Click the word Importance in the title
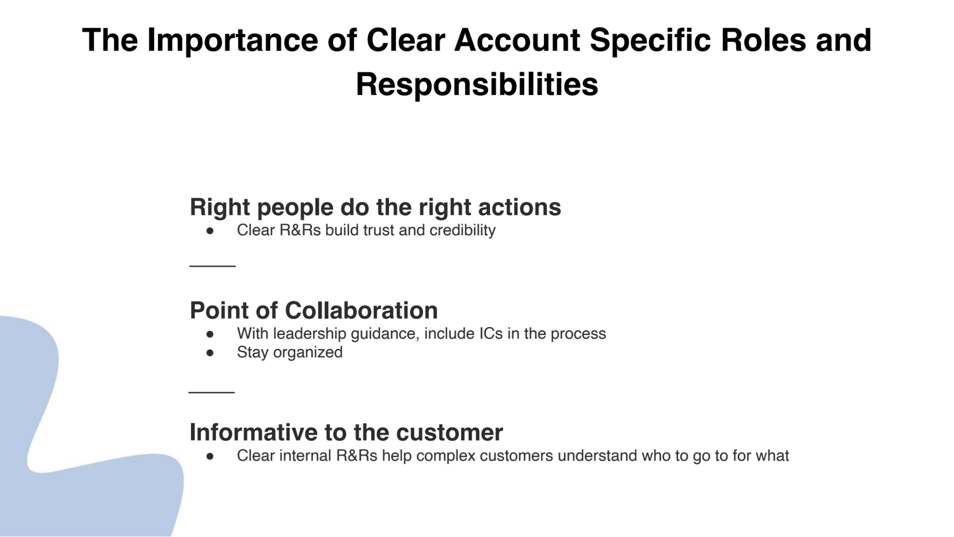pos(232,40)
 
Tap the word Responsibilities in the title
pos(477,84)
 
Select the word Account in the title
pos(516,40)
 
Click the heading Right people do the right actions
pos(375,207)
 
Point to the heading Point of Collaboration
pos(314,310)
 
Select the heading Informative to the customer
pos(346,432)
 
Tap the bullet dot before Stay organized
pos(210,353)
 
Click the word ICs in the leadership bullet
pos(491,333)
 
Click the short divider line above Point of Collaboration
pos(212,266)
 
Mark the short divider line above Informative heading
pos(211,392)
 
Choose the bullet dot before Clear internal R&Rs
pos(210,456)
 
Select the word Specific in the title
pos(650,40)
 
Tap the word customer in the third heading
pos(449,432)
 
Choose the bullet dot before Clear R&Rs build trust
pos(210,231)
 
